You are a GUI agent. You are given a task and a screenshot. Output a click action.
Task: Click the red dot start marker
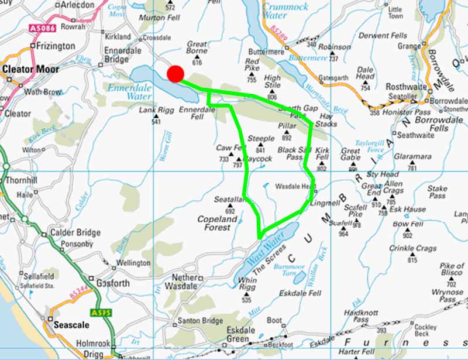coord(175,74)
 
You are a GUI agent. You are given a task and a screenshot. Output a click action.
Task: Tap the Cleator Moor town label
coord(31,69)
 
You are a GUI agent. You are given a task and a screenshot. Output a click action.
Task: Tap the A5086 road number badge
coord(40,28)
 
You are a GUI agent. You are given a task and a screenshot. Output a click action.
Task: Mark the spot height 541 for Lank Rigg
coord(156,122)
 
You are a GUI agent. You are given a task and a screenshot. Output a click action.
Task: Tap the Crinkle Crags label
coord(414,248)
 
